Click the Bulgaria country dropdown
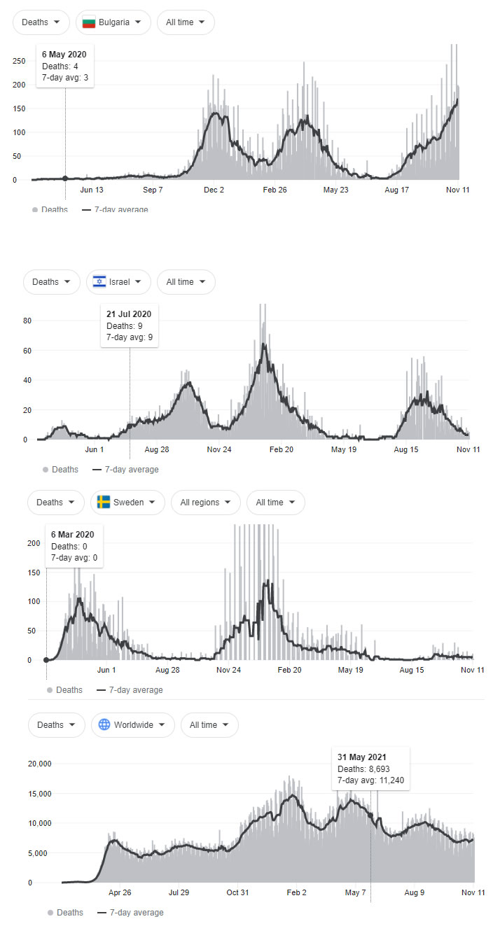click(x=113, y=22)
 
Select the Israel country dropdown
click(x=118, y=282)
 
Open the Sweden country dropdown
click(x=127, y=503)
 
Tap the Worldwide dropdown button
click(x=132, y=725)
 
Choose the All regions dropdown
click(x=205, y=503)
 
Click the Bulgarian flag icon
click(x=89, y=22)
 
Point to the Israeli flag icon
click(x=99, y=282)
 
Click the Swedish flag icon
click(x=104, y=503)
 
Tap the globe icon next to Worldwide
click(x=104, y=725)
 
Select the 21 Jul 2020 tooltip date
click(x=129, y=314)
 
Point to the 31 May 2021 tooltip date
click(x=361, y=757)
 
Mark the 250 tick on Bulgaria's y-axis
click(x=19, y=61)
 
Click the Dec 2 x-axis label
click(x=214, y=190)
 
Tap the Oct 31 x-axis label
click(x=237, y=892)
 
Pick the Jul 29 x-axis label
click(x=179, y=892)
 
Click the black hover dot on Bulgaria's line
click(x=65, y=178)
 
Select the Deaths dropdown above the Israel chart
click(x=51, y=282)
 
